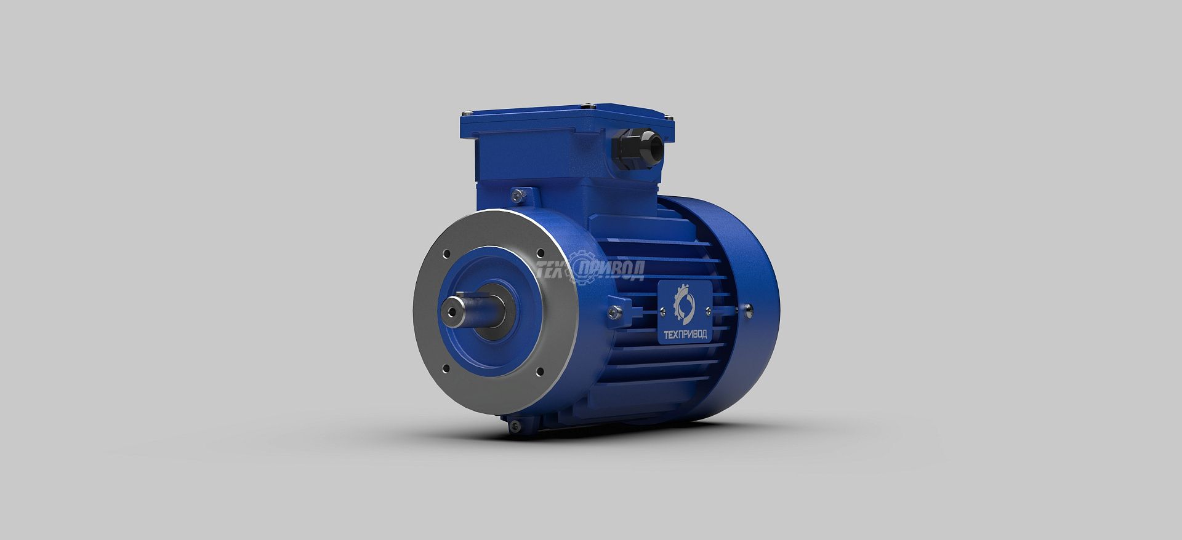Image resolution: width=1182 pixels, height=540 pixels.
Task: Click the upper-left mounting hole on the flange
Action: [x=447, y=253]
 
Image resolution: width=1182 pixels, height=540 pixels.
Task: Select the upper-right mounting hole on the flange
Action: [x=541, y=253]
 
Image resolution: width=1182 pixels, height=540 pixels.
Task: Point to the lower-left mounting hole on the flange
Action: [x=446, y=368]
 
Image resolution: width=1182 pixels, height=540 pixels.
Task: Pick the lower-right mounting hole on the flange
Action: [x=540, y=371]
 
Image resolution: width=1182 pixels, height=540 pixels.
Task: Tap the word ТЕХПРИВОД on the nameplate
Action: [x=685, y=335]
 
